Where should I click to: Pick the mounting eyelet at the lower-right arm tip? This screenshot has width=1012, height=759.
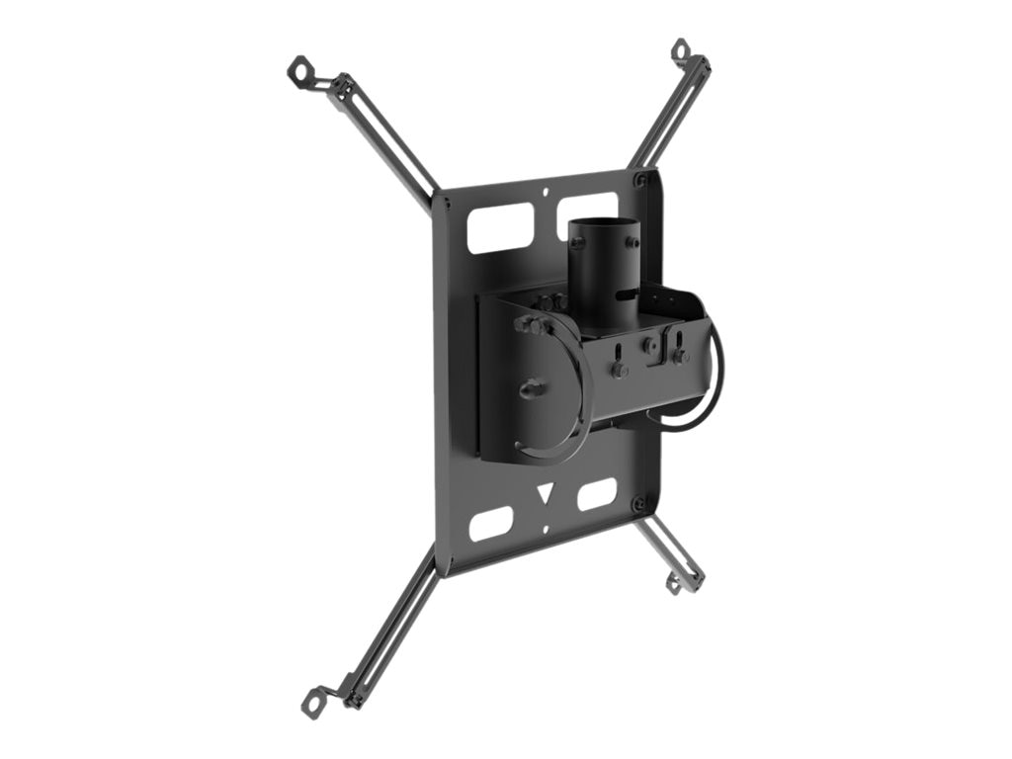(676, 585)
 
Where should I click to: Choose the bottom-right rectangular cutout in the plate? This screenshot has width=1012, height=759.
(597, 493)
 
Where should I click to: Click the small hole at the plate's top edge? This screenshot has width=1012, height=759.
(547, 193)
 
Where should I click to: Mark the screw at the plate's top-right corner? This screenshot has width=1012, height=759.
(640, 181)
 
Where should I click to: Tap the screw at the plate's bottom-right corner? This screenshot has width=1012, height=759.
(640, 505)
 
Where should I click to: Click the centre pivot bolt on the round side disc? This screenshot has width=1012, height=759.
(531, 388)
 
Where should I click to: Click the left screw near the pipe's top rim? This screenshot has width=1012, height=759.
(577, 243)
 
